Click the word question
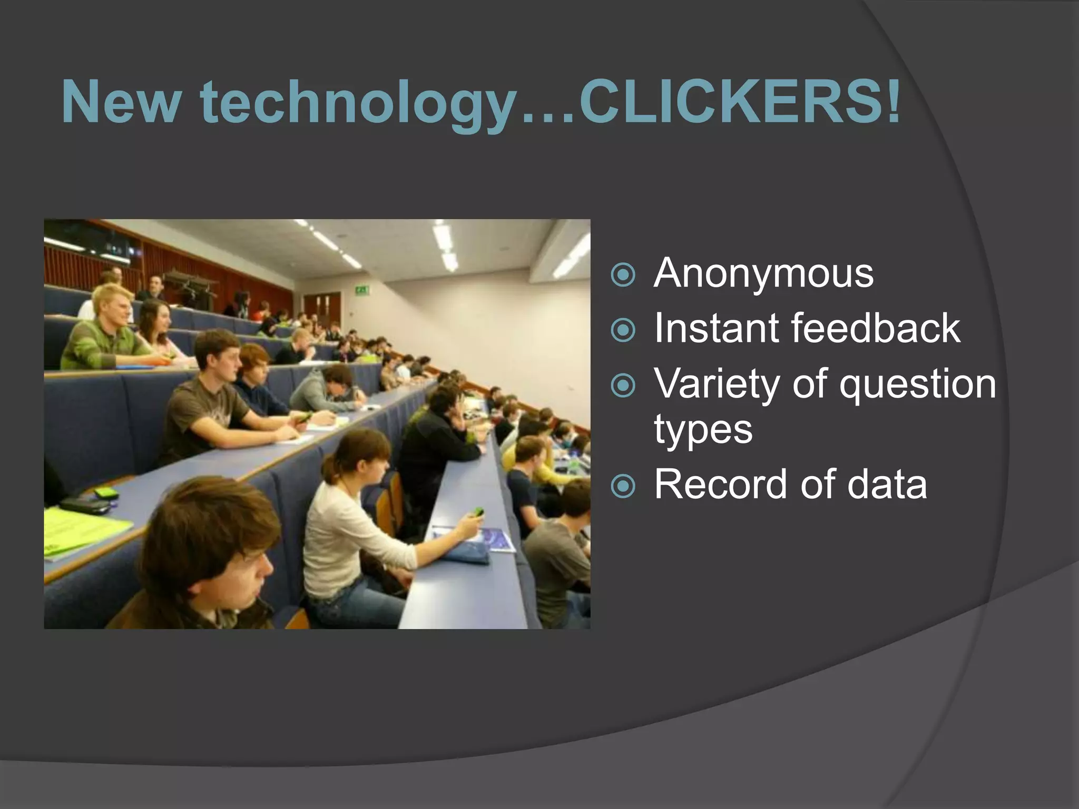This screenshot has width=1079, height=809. (x=918, y=384)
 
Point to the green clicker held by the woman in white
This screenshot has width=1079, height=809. (x=478, y=511)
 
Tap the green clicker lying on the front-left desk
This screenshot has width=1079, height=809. (x=105, y=494)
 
